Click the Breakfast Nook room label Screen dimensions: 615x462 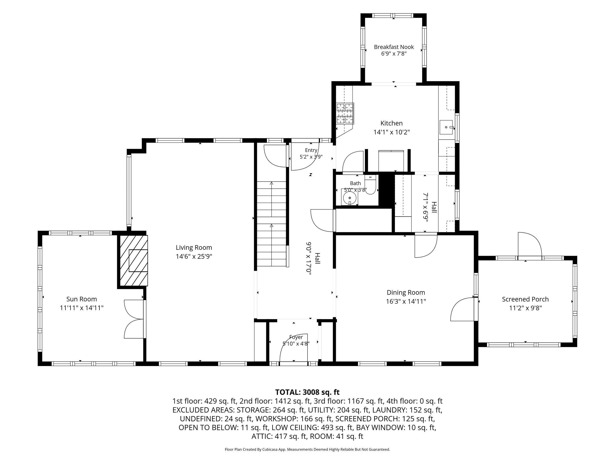pos(394,47)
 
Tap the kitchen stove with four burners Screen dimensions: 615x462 pos(345,113)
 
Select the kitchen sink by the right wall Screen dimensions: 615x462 pos(447,127)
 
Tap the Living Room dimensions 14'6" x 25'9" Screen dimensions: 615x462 pos(194,257)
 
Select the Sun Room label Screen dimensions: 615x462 pos(81,299)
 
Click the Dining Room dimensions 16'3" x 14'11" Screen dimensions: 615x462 pos(406,301)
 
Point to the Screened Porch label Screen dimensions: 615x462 pos(525,299)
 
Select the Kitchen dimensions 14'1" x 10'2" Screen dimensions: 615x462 pos(392,132)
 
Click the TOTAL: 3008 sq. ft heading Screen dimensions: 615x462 pos(307,392)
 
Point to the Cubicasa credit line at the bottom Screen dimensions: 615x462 pos(307,449)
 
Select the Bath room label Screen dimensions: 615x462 pos(355,183)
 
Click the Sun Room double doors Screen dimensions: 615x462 pos(134,319)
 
